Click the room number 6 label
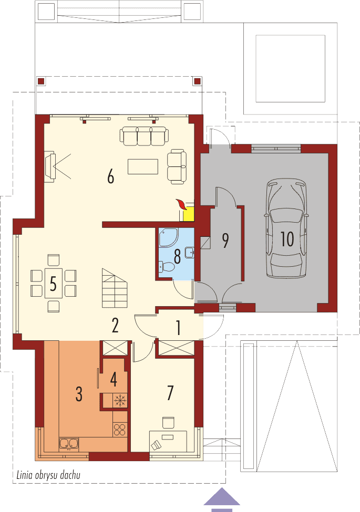[110, 177]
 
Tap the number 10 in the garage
[286, 239]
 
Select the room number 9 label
[225, 240]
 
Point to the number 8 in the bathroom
[177, 257]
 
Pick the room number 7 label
[169, 393]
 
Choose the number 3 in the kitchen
[79, 394]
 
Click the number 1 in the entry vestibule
[178, 328]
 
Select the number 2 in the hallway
[115, 326]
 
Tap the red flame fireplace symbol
[182, 204]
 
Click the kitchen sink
[69, 443]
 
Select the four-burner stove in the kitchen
[120, 429]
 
